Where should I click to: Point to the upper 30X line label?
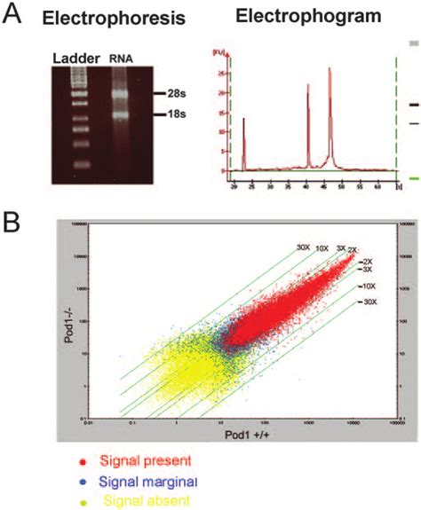[x=303, y=247]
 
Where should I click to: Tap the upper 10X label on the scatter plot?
[x=322, y=251]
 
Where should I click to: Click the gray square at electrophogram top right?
[x=413, y=42]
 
